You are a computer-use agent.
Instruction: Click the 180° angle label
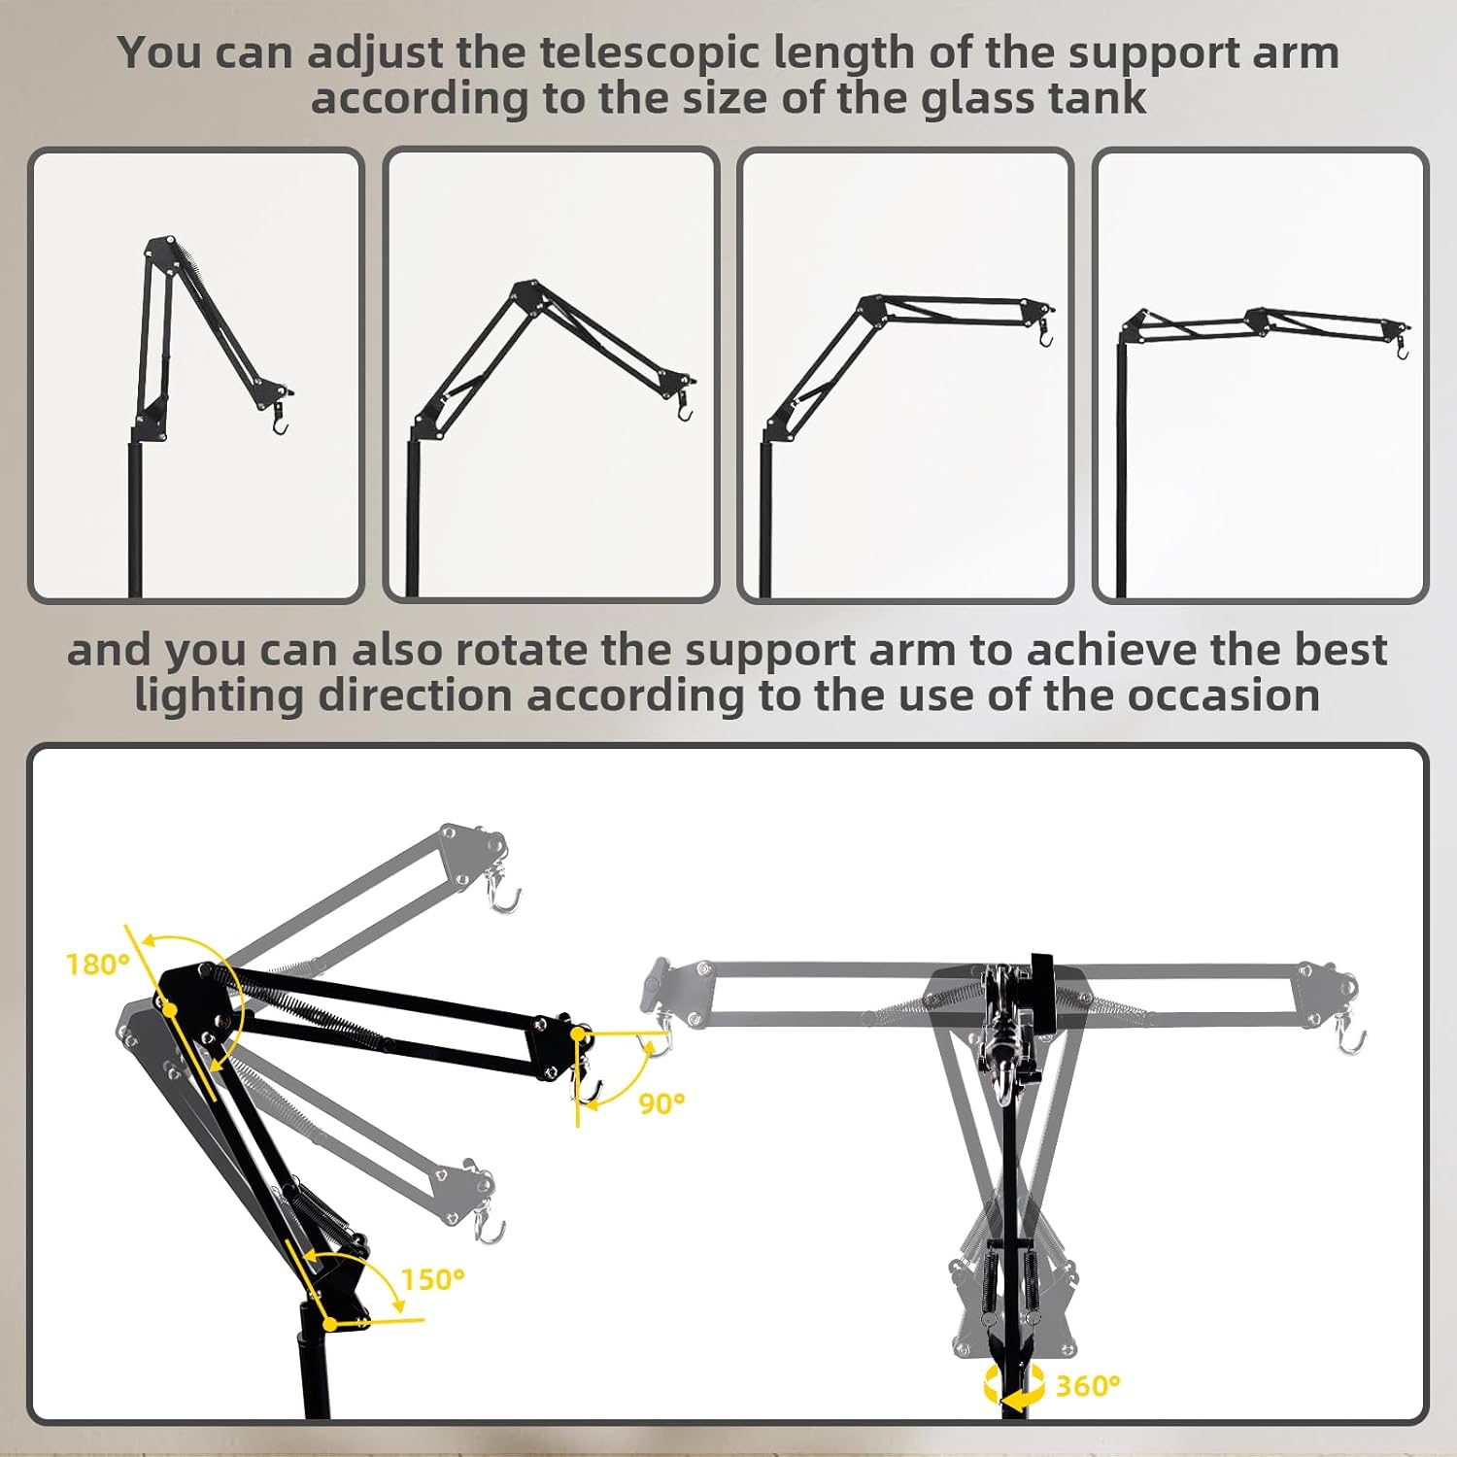coord(97,964)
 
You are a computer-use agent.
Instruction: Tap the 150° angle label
coord(433,1279)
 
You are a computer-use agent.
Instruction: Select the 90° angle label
coord(661,1103)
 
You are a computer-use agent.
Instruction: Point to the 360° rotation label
coord(1088,1385)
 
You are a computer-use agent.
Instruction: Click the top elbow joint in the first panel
coord(159,249)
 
